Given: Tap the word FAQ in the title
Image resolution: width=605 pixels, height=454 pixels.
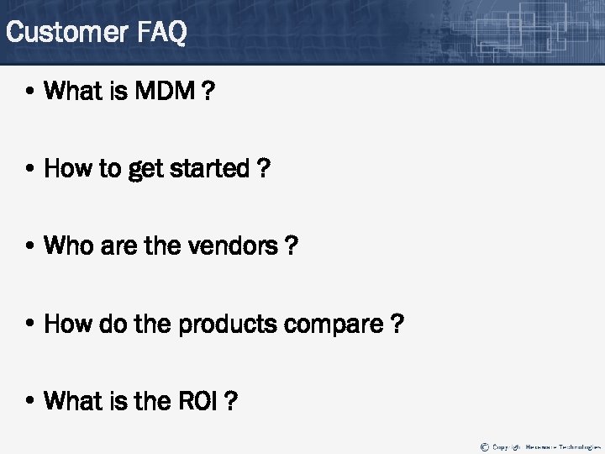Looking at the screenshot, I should pyautogui.click(x=160, y=33).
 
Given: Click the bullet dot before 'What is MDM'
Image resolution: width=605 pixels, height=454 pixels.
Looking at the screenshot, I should pyautogui.click(x=31, y=92).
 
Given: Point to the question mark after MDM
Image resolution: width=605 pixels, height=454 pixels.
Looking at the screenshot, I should pyautogui.click(x=208, y=91).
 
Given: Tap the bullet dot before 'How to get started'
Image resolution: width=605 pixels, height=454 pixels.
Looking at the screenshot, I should pyautogui.click(x=31, y=170).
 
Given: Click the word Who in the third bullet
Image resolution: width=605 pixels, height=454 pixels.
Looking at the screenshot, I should pyautogui.click(x=67, y=246).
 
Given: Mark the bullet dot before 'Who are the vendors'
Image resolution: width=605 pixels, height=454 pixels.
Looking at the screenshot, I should pyautogui.click(x=31, y=247).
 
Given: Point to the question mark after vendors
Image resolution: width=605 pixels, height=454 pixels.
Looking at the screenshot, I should pyautogui.click(x=291, y=246).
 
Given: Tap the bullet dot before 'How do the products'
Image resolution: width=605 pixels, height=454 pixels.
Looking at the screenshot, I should pyautogui.click(x=31, y=325).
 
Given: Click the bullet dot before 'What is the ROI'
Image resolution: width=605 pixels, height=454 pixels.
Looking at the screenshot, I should pyautogui.click(x=31, y=402).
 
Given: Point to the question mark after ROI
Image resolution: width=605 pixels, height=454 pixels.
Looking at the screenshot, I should pyautogui.click(x=231, y=401).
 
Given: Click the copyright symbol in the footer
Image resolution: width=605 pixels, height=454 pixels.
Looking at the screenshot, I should pyautogui.click(x=484, y=446).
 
